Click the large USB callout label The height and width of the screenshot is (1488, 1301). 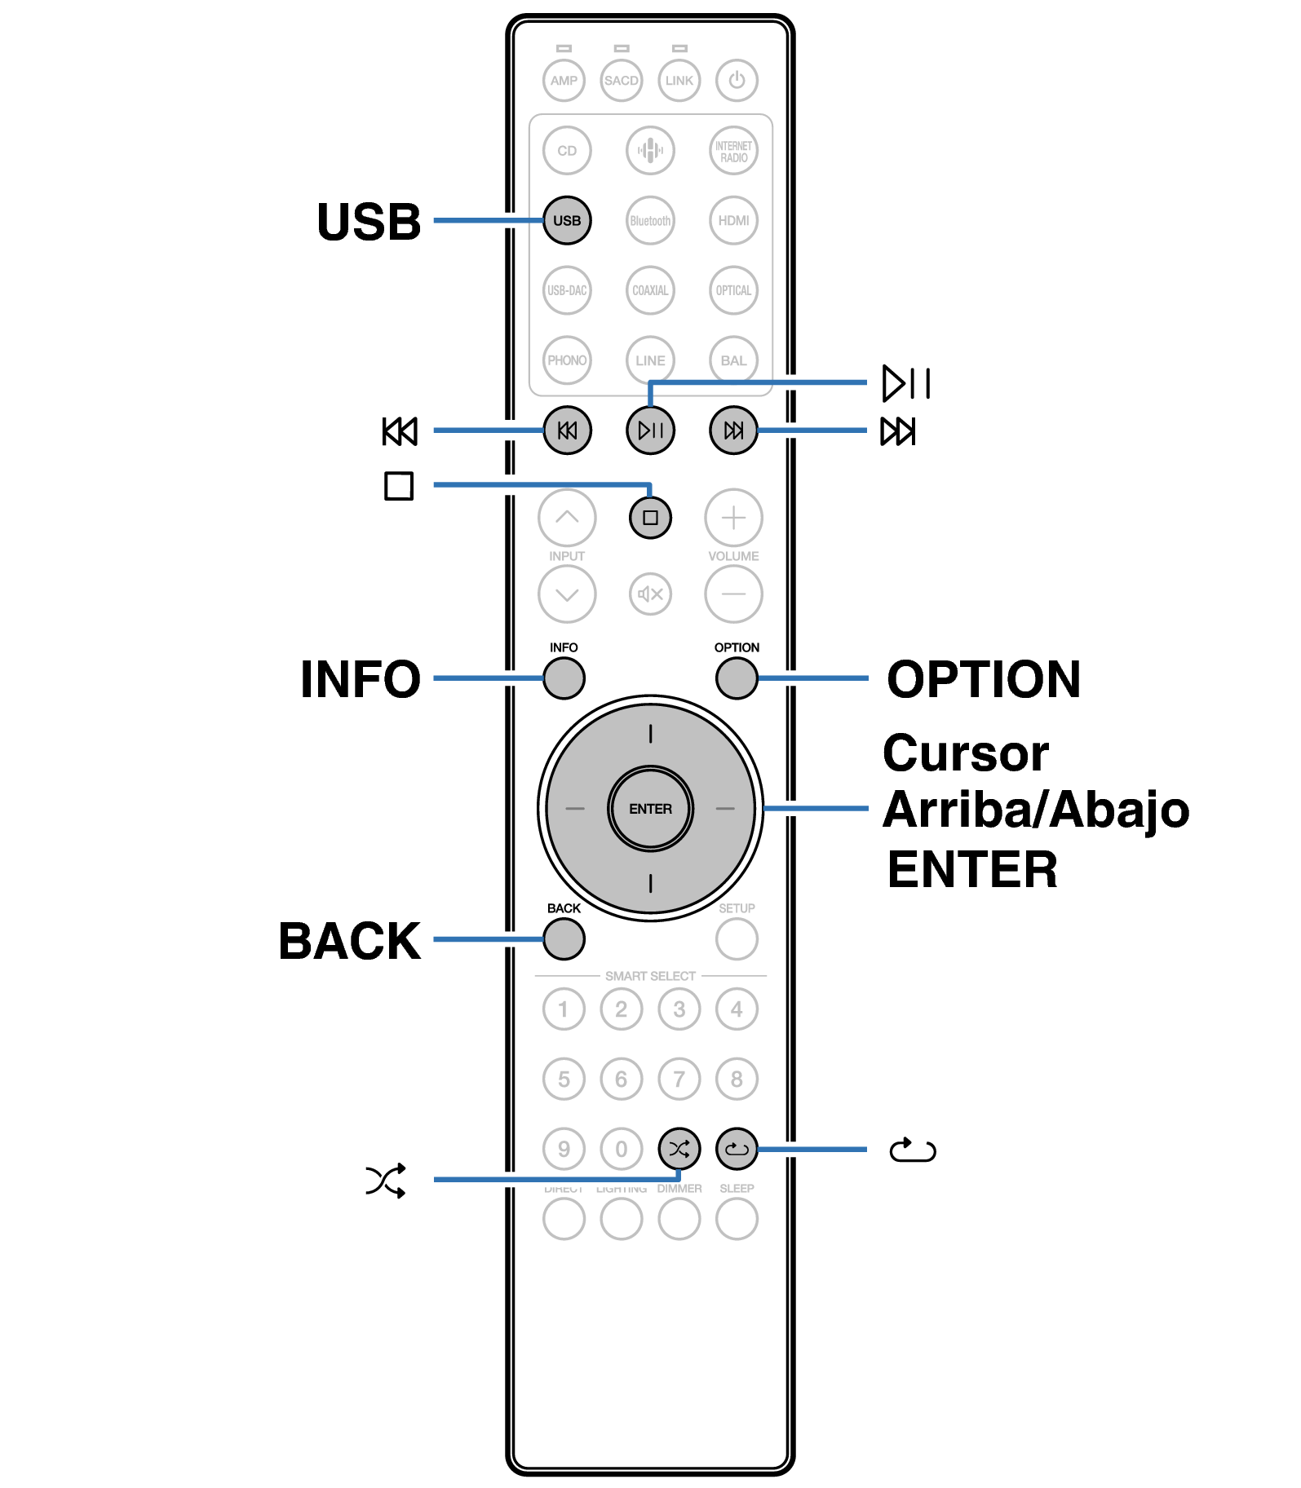click(369, 222)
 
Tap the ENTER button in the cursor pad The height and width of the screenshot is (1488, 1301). click(650, 809)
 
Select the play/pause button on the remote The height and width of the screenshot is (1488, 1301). click(650, 431)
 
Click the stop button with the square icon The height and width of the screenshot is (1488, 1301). click(650, 518)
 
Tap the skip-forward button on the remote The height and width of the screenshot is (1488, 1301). click(733, 431)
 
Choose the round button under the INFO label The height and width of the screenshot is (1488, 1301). click(564, 678)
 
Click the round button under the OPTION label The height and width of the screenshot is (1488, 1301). click(737, 678)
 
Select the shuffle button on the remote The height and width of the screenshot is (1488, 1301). click(679, 1149)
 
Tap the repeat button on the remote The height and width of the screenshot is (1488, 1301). click(737, 1149)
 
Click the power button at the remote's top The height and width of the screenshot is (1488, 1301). click(737, 80)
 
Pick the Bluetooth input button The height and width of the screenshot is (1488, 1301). click(650, 220)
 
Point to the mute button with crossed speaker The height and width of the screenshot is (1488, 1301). click(650, 594)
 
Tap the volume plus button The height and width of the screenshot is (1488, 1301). click(733, 518)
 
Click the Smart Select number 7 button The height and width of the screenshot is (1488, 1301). click(679, 1079)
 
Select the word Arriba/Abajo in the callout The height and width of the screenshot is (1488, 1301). click(1036, 810)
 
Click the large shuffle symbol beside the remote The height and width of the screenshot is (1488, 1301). click(386, 1180)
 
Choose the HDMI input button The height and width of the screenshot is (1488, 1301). click(733, 220)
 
